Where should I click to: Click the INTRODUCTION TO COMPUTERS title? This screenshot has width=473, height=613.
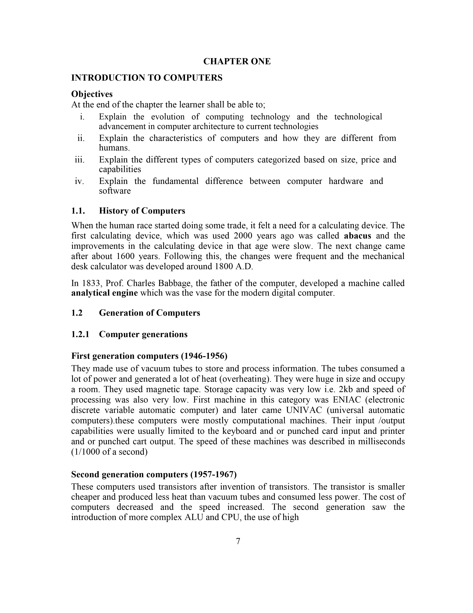tap(147, 78)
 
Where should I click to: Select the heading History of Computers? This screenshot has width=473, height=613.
tap(142, 211)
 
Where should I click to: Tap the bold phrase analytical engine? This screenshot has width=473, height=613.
tap(104, 293)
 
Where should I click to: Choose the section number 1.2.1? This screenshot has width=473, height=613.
tap(80, 334)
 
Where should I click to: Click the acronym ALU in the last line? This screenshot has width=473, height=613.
tap(194, 517)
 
